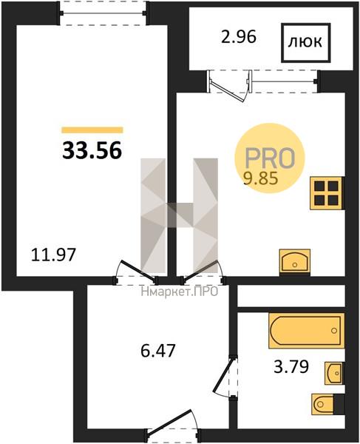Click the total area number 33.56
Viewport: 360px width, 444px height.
tap(92, 150)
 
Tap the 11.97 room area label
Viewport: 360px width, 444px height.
tap(53, 255)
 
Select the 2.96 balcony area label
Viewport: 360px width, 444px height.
tap(239, 37)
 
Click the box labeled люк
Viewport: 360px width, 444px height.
tap(306, 43)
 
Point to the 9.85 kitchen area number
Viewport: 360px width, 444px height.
tap(260, 178)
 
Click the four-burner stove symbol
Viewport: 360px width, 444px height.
tap(327, 193)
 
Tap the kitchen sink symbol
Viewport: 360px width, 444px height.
tap(295, 262)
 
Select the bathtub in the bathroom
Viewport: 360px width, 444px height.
tap(307, 331)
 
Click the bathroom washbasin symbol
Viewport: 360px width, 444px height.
tap(334, 373)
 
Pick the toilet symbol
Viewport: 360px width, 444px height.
tap(327, 404)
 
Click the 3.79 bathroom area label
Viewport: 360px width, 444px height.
tap(291, 367)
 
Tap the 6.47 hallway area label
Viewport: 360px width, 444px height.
tap(158, 351)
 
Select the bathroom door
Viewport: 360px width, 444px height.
tap(224, 376)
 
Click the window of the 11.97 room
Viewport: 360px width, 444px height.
tap(103, 13)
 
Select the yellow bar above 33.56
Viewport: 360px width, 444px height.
tap(92, 130)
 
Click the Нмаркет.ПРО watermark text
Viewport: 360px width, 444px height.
tap(180, 292)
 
